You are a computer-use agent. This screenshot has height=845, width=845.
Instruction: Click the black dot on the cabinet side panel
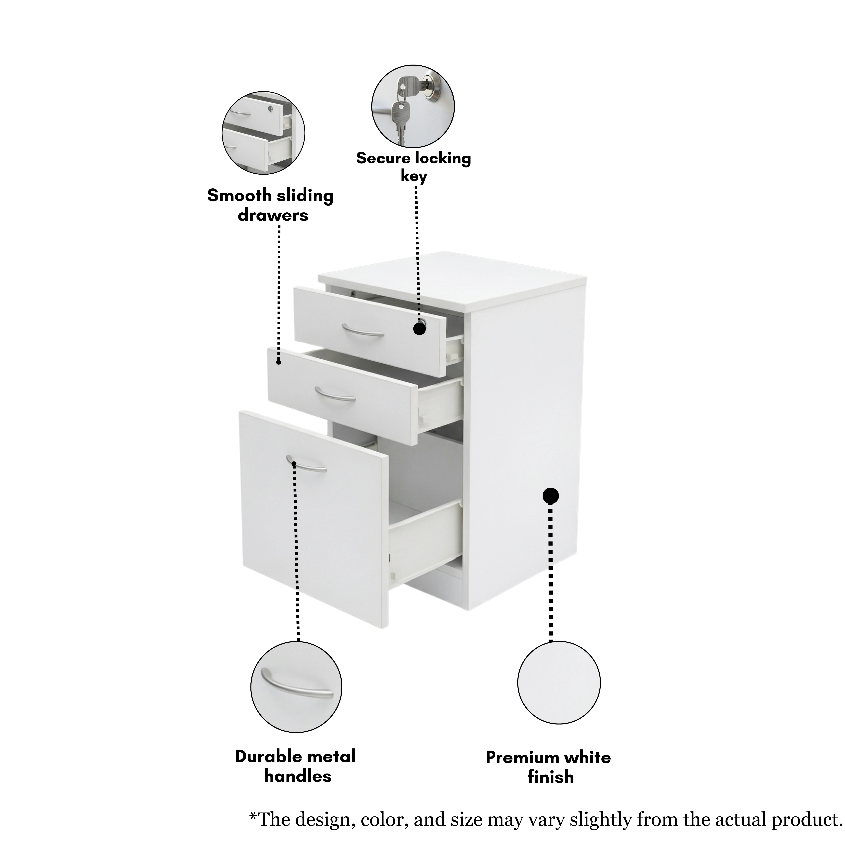point(551,496)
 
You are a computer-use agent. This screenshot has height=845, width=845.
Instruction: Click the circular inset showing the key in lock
point(413,106)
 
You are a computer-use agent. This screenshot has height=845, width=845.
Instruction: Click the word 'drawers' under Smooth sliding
point(273,215)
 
